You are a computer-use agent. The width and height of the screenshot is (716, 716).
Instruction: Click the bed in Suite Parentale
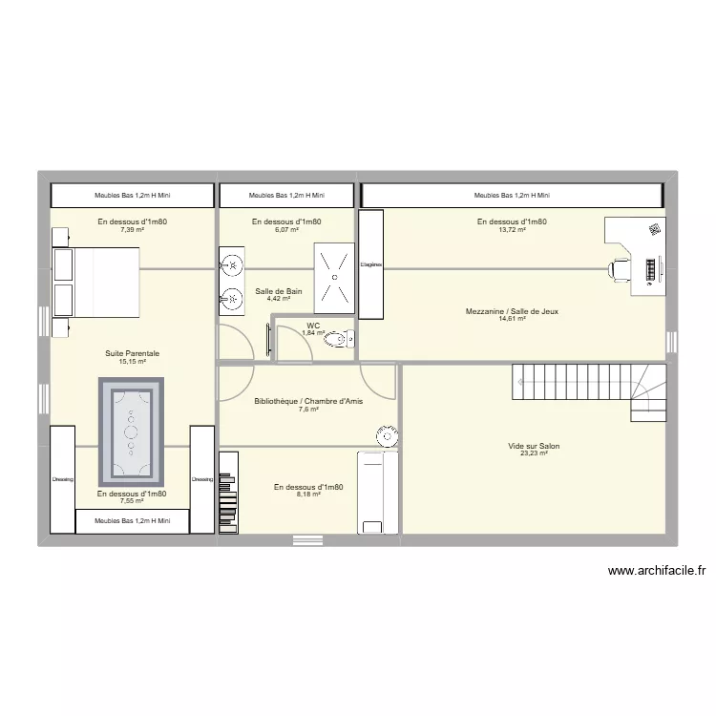click(95, 284)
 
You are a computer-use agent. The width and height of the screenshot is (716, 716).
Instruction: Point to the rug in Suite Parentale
click(132, 432)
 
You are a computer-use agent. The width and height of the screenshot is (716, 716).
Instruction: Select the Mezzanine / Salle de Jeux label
click(512, 311)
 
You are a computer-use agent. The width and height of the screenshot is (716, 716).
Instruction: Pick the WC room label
click(313, 326)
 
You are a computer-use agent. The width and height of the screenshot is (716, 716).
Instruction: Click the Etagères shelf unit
click(371, 265)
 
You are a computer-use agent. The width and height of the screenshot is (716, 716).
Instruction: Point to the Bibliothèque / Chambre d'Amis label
click(308, 401)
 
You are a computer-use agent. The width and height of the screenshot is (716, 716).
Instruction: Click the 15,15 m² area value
click(132, 362)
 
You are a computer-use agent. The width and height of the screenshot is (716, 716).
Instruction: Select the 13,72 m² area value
click(512, 230)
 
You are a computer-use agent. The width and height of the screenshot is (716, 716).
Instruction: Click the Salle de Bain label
click(279, 291)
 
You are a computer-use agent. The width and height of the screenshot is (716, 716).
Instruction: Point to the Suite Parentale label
click(132, 353)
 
